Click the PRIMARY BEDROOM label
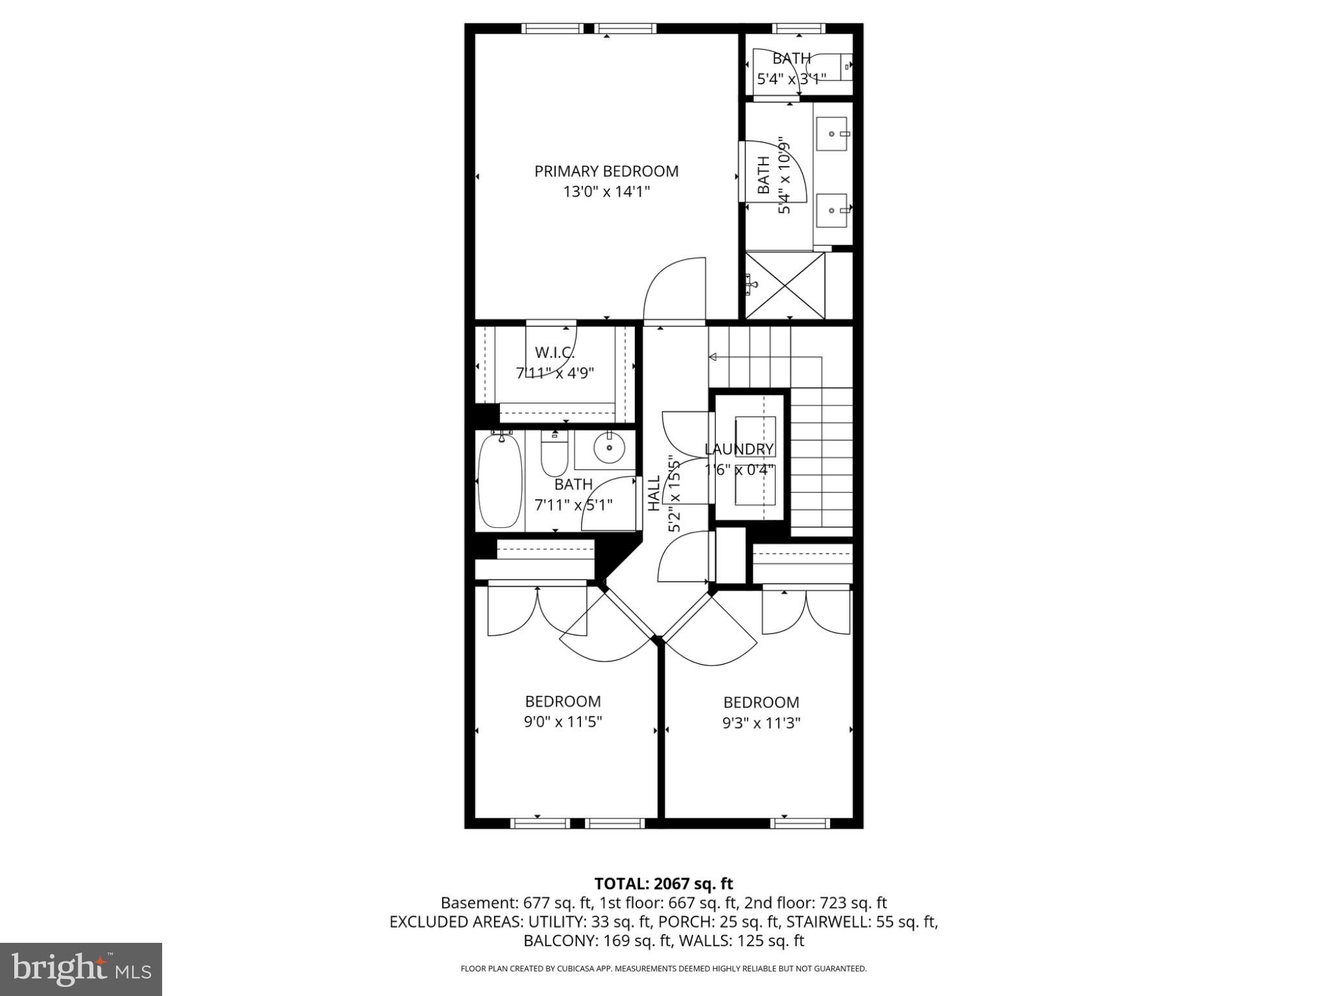606,171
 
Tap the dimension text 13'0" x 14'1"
606,192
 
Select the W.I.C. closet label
554,353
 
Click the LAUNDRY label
739,449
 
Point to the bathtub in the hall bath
500,480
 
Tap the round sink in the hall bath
610,447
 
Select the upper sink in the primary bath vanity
831,134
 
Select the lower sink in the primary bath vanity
831,210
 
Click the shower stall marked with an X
785,286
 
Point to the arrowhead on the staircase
712,357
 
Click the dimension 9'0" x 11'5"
563,722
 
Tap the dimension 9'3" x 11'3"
761,722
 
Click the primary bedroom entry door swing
674,289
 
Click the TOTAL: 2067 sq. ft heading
663,884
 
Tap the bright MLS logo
81,969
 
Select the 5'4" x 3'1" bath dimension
791,79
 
